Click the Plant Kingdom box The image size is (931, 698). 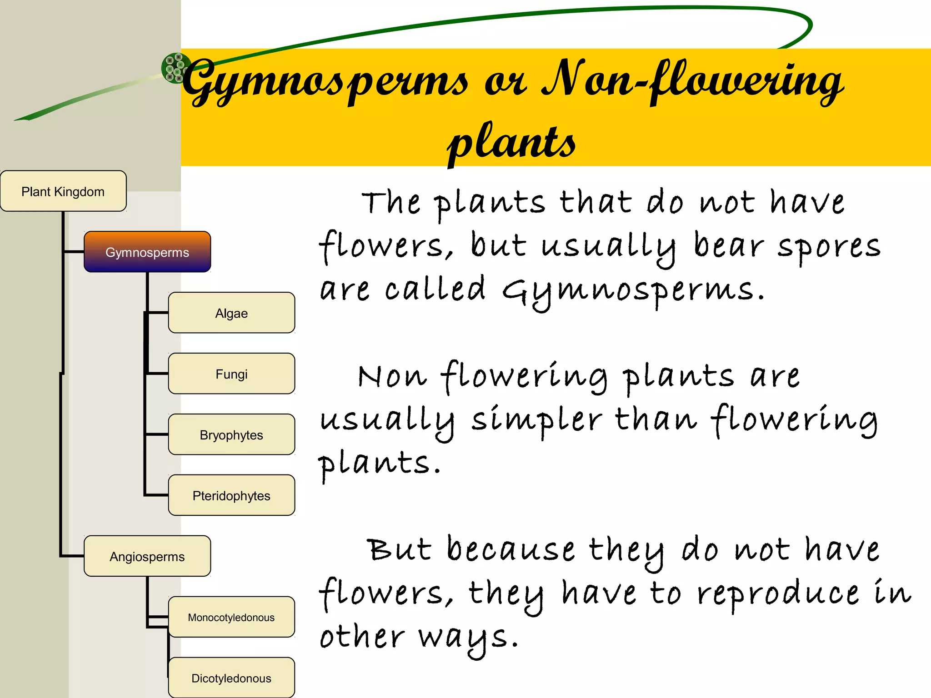63,191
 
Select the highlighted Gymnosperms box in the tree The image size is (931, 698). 147,252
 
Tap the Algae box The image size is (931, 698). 231,313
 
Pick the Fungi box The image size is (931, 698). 231,374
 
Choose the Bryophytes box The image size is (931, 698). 231,435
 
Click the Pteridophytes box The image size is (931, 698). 231,496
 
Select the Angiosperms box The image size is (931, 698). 147,557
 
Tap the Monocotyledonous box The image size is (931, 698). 231,618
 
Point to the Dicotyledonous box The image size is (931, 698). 231,678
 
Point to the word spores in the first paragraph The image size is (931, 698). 828,247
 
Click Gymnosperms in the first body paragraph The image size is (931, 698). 633,291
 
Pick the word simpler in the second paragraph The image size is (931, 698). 536,420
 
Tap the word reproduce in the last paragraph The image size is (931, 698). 778,594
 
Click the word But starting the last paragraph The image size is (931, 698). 399,550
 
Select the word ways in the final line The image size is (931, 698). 468,638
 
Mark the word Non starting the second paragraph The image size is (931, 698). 392,377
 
